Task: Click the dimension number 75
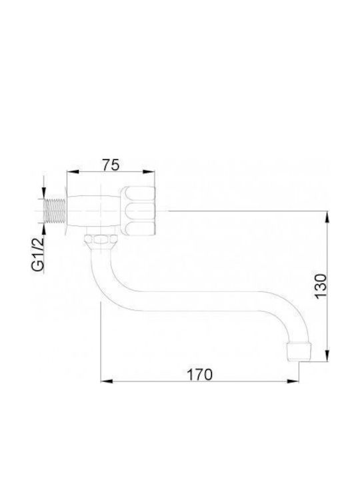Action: tap(111, 165)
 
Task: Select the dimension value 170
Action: tap(199, 375)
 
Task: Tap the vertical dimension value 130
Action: tap(321, 285)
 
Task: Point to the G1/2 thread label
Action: tap(38, 254)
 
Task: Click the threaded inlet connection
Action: tap(55, 211)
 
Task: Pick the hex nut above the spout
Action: tap(101, 239)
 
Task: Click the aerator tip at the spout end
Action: tap(299, 351)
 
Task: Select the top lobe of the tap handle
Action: tap(139, 193)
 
